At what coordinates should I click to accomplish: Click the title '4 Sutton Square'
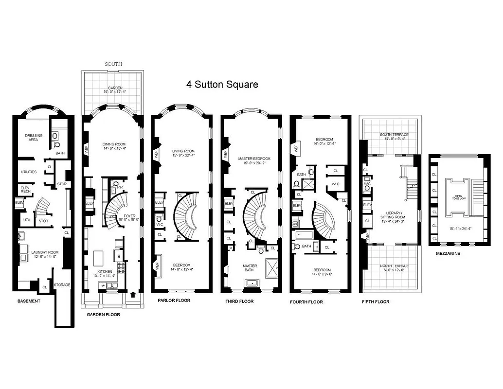tap(222, 84)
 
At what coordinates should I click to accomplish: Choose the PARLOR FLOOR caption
tap(174, 301)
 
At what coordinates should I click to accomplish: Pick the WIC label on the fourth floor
tap(336, 183)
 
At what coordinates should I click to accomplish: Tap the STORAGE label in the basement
tap(62, 285)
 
